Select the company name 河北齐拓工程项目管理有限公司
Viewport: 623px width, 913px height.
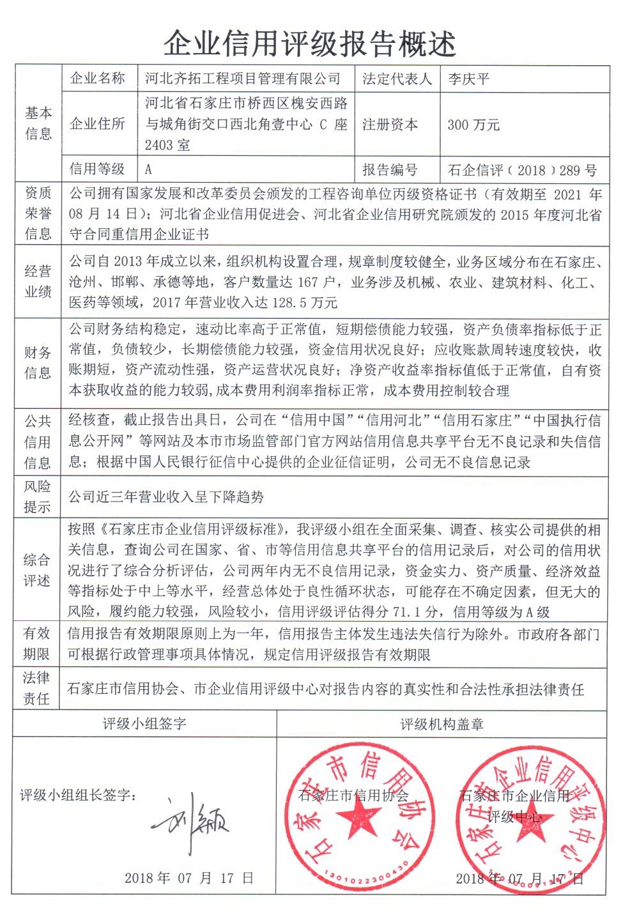click(x=243, y=79)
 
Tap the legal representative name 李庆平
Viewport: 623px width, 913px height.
click(x=468, y=79)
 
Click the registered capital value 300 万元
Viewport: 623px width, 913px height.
click(x=473, y=125)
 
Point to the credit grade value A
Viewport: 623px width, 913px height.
click(x=148, y=169)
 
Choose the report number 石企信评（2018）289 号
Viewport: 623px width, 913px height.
click(x=522, y=170)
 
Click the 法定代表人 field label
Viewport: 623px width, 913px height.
click(x=397, y=79)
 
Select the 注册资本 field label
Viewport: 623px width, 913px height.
click(x=390, y=125)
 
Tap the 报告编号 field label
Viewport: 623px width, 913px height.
click(x=390, y=170)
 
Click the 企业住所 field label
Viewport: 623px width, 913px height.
click(x=97, y=124)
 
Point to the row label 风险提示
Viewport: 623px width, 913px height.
click(x=37, y=496)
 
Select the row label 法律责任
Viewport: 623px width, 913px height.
click(x=36, y=688)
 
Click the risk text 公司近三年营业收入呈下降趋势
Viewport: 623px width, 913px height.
click(x=166, y=496)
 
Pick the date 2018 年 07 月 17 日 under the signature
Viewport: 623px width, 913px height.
click(x=189, y=878)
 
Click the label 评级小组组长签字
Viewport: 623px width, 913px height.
click(x=77, y=795)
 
